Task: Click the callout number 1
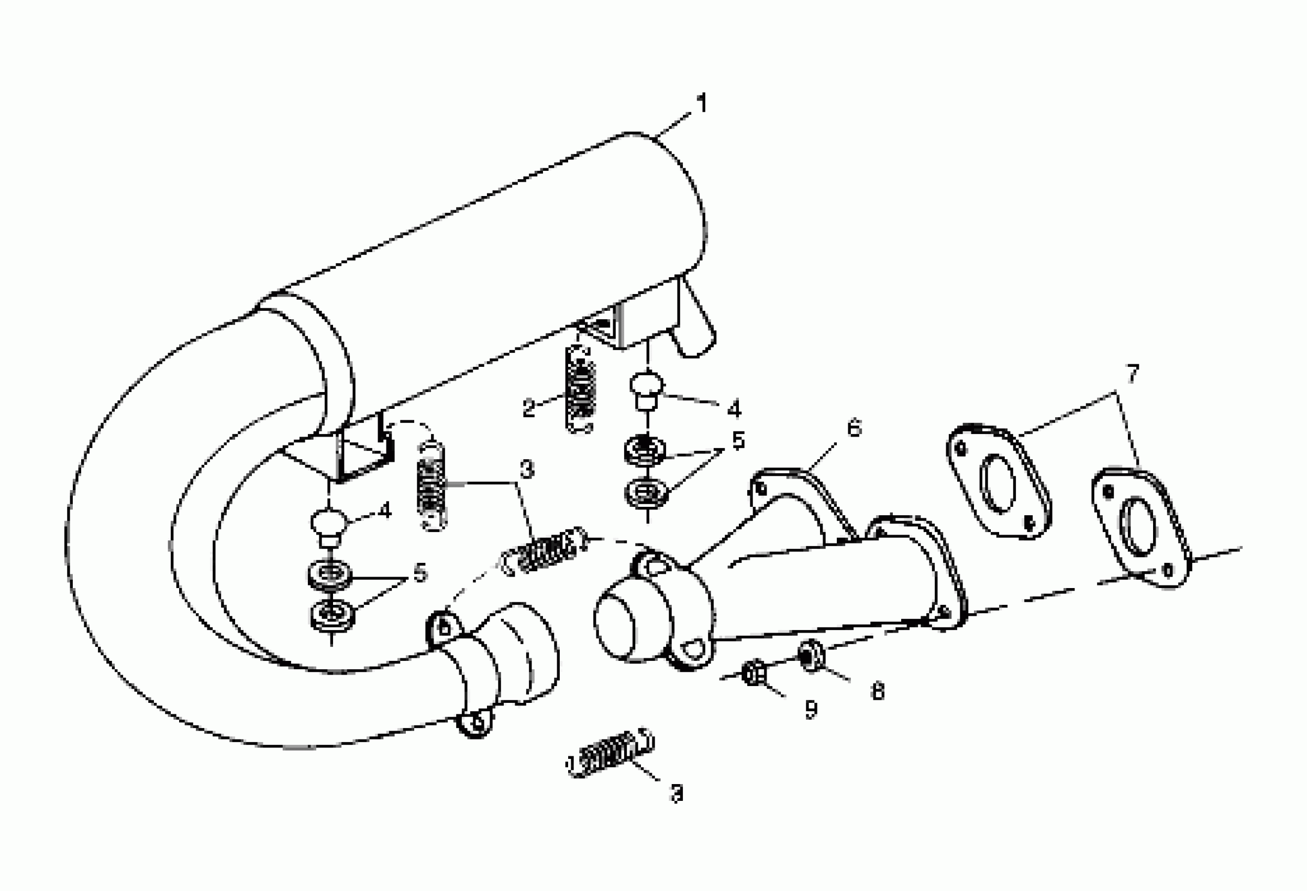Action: tap(701, 104)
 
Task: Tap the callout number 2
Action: tap(529, 408)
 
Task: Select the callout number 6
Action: tap(854, 428)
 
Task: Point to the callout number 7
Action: tap(1132, 373)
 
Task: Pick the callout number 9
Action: tap(811, 710)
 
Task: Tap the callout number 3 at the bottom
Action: tap(677, 794)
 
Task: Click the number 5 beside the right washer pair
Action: tap(738, 441)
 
